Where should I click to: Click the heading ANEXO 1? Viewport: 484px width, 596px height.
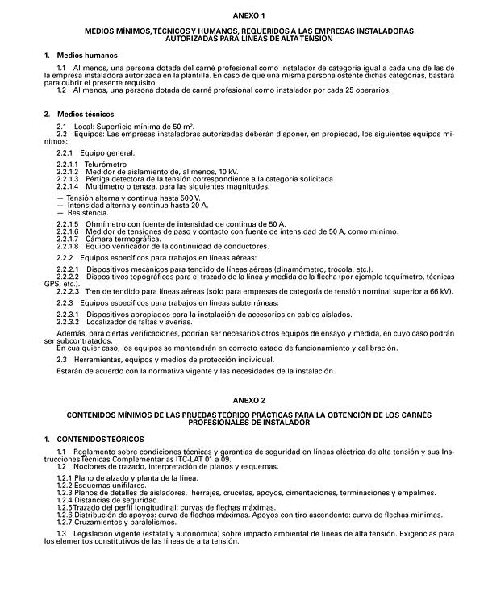(242, 15)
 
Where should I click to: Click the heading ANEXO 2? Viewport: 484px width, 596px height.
(242, 399)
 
